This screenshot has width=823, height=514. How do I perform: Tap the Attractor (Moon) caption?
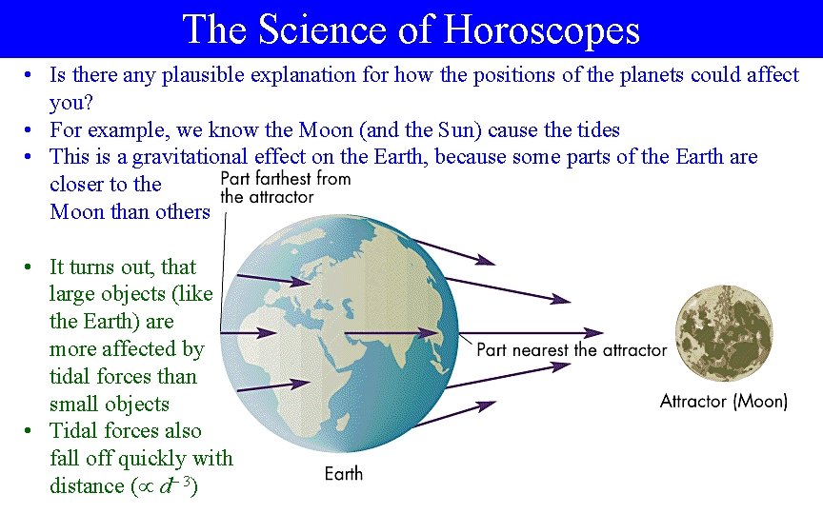point(723,402)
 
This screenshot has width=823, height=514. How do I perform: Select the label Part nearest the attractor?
point(572,350)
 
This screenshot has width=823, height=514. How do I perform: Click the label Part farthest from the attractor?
point(285,188)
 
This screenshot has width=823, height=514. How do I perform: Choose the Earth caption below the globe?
point(343,473)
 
